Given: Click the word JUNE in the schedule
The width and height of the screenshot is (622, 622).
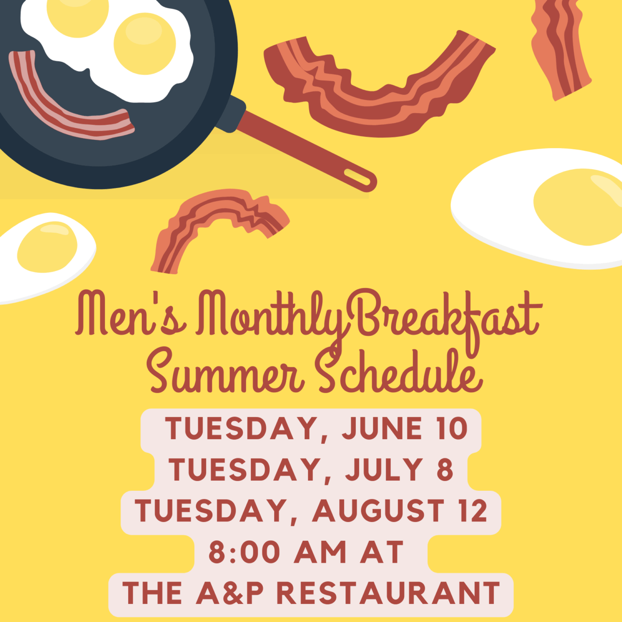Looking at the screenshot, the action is [382, 428].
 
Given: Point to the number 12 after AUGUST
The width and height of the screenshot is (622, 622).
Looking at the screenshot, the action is [470, 510].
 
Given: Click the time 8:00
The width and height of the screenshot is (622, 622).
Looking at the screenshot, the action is [244, 552].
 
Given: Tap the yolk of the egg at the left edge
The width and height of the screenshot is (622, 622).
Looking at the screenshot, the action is [48, 247].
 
